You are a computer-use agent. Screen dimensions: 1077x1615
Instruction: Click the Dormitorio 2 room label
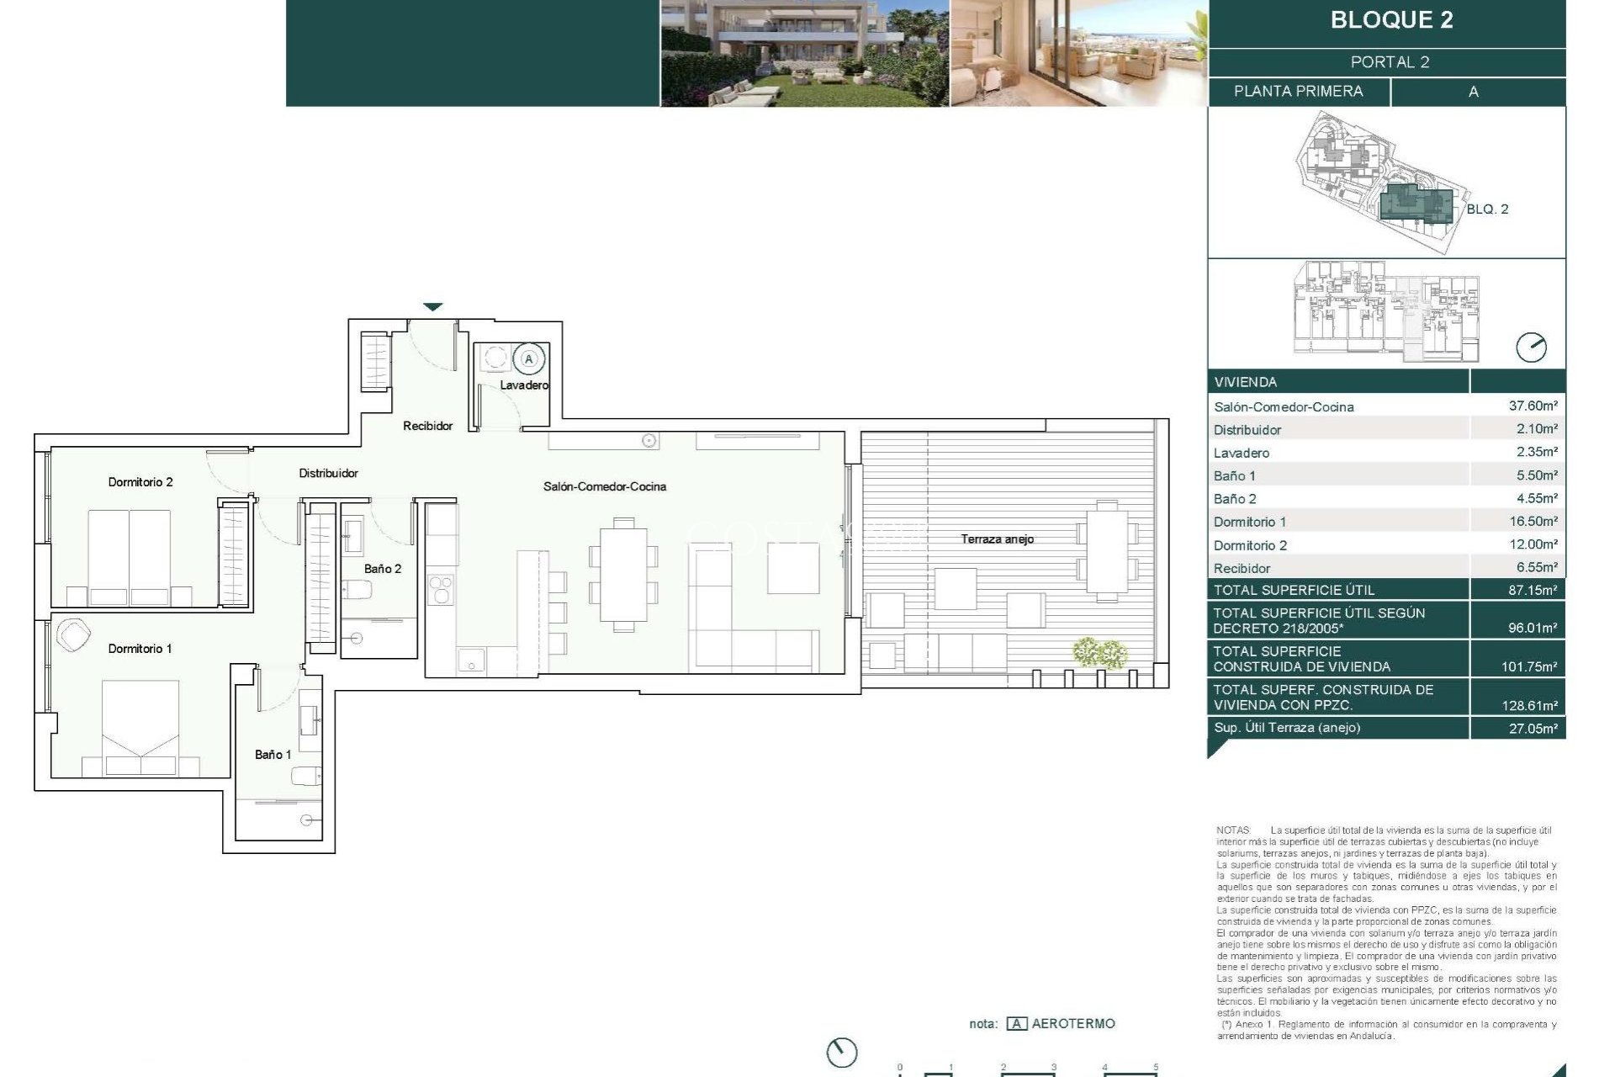click(140, 482)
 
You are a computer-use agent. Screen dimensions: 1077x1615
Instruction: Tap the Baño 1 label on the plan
click(273, 755)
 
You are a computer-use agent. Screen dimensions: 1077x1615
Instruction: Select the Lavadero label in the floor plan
click(523, 385)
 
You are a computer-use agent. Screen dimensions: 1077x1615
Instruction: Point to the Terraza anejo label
click(997, 539)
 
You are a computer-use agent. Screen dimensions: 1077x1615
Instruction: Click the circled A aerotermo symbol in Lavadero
click(529, 359)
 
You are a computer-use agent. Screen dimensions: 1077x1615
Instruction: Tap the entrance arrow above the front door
click(432, 307)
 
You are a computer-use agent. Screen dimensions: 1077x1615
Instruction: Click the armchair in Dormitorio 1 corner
click(73, 635)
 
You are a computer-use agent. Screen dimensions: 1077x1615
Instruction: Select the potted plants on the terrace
click(1099, 653)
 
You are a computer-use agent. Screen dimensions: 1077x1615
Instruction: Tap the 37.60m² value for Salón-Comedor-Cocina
click(1533, 406)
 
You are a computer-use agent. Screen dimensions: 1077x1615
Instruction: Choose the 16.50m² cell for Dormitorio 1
click(1533, 522)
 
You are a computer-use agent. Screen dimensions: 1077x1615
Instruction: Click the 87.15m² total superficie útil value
click(1533, 591)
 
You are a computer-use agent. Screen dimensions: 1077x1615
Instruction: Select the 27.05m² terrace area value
click(1533, 729)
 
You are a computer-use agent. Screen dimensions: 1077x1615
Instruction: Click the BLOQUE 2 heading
click(1391, 20)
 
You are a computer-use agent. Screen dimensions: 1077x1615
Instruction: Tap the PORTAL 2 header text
click(1390, 62)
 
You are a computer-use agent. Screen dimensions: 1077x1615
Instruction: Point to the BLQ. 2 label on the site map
click(1487, 210)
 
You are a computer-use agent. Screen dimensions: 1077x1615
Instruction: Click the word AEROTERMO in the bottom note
click(1072, 1024)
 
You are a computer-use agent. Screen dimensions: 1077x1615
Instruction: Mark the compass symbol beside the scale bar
click(841, 1053)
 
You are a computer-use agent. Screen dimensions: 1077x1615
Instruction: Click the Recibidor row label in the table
click(1242, 569)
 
